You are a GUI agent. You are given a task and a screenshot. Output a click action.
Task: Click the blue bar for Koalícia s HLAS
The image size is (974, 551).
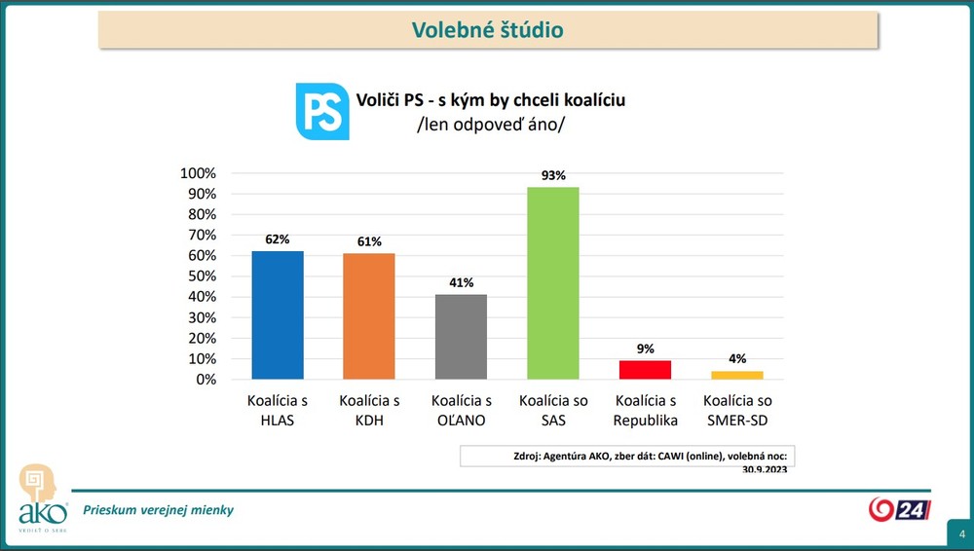coord(277,315)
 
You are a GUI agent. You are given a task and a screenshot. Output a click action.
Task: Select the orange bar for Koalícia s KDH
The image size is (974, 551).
coord(369,316)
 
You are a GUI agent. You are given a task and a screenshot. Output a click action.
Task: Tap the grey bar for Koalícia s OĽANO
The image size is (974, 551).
coord(461,337)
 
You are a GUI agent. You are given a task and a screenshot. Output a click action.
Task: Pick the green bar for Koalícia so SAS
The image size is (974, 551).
coord(552,283)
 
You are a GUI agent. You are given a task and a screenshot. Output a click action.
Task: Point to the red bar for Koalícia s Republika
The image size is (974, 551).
coord(645,370)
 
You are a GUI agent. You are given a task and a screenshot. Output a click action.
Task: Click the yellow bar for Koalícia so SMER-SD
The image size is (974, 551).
coord(736,375)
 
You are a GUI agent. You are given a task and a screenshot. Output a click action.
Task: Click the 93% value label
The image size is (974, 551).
coord(552,176)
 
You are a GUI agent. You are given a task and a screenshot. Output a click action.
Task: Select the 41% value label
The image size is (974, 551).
coord(461,283)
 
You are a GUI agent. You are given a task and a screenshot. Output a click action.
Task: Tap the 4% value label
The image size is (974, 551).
coord(736,359)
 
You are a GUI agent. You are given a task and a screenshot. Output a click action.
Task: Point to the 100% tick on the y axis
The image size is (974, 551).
coord(198,173)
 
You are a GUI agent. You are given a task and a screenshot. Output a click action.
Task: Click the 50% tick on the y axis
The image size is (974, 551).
coord(201,276)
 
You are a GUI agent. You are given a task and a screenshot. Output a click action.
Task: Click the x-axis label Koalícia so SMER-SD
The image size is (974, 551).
coord(737,411)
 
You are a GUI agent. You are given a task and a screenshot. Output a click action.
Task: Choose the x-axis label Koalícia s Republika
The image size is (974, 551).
coord(645,411)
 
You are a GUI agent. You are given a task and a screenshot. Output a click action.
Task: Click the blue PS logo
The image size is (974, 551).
coord(322,111)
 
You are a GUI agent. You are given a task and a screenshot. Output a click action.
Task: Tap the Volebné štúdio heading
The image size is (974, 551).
coord(487,30)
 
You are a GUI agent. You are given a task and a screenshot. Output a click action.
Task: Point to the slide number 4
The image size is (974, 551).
coord(961,534)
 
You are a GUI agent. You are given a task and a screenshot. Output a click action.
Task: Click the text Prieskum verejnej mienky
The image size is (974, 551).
coord(158,510)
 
